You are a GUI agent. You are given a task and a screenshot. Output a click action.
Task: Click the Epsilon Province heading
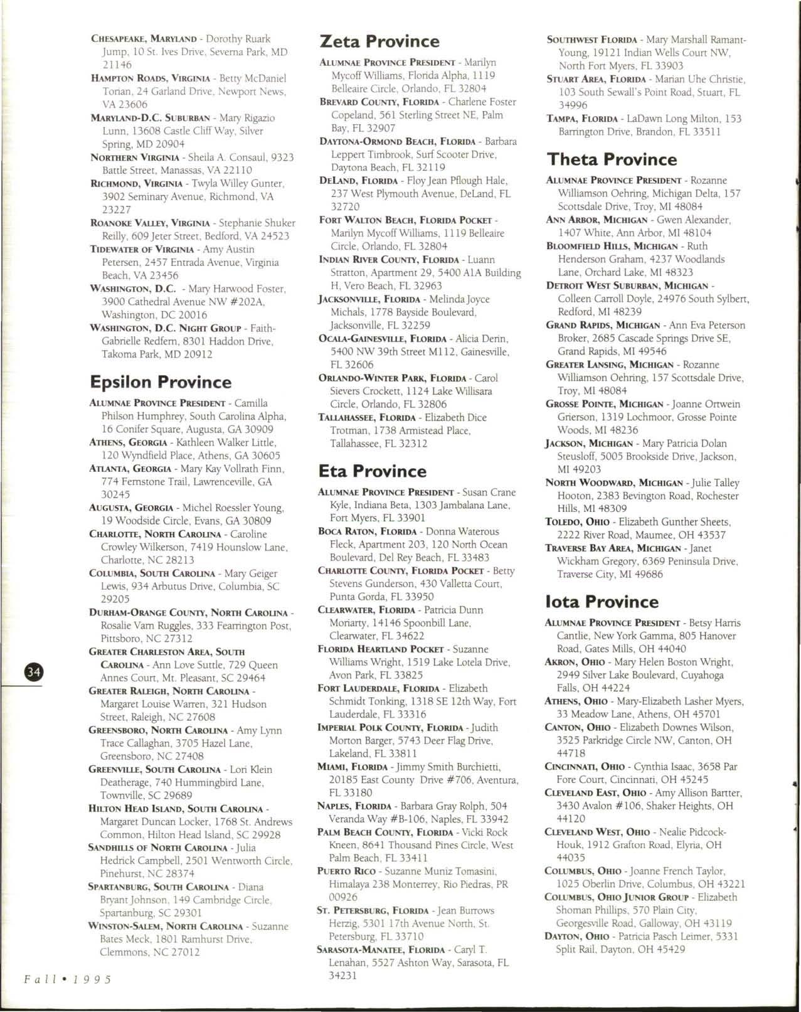[161, 382]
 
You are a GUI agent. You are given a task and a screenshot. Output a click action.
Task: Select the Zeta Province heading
[379, 41]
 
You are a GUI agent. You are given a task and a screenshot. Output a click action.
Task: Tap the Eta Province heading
[372, 471]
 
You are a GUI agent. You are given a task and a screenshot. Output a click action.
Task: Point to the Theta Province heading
[612, 159]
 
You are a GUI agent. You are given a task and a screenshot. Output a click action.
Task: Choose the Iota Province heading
[602, 602]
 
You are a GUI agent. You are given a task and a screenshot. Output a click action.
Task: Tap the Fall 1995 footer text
[68, 979]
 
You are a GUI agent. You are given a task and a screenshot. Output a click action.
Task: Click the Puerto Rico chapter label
[347, 871]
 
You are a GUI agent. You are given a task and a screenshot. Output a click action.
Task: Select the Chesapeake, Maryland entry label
[144, 39]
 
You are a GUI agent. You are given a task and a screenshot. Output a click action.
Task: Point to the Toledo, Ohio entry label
[580, 522]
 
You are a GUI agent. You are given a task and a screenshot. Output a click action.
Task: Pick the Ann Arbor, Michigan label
[597, 220]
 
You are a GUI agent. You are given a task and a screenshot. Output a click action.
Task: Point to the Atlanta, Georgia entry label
[130, 469]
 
